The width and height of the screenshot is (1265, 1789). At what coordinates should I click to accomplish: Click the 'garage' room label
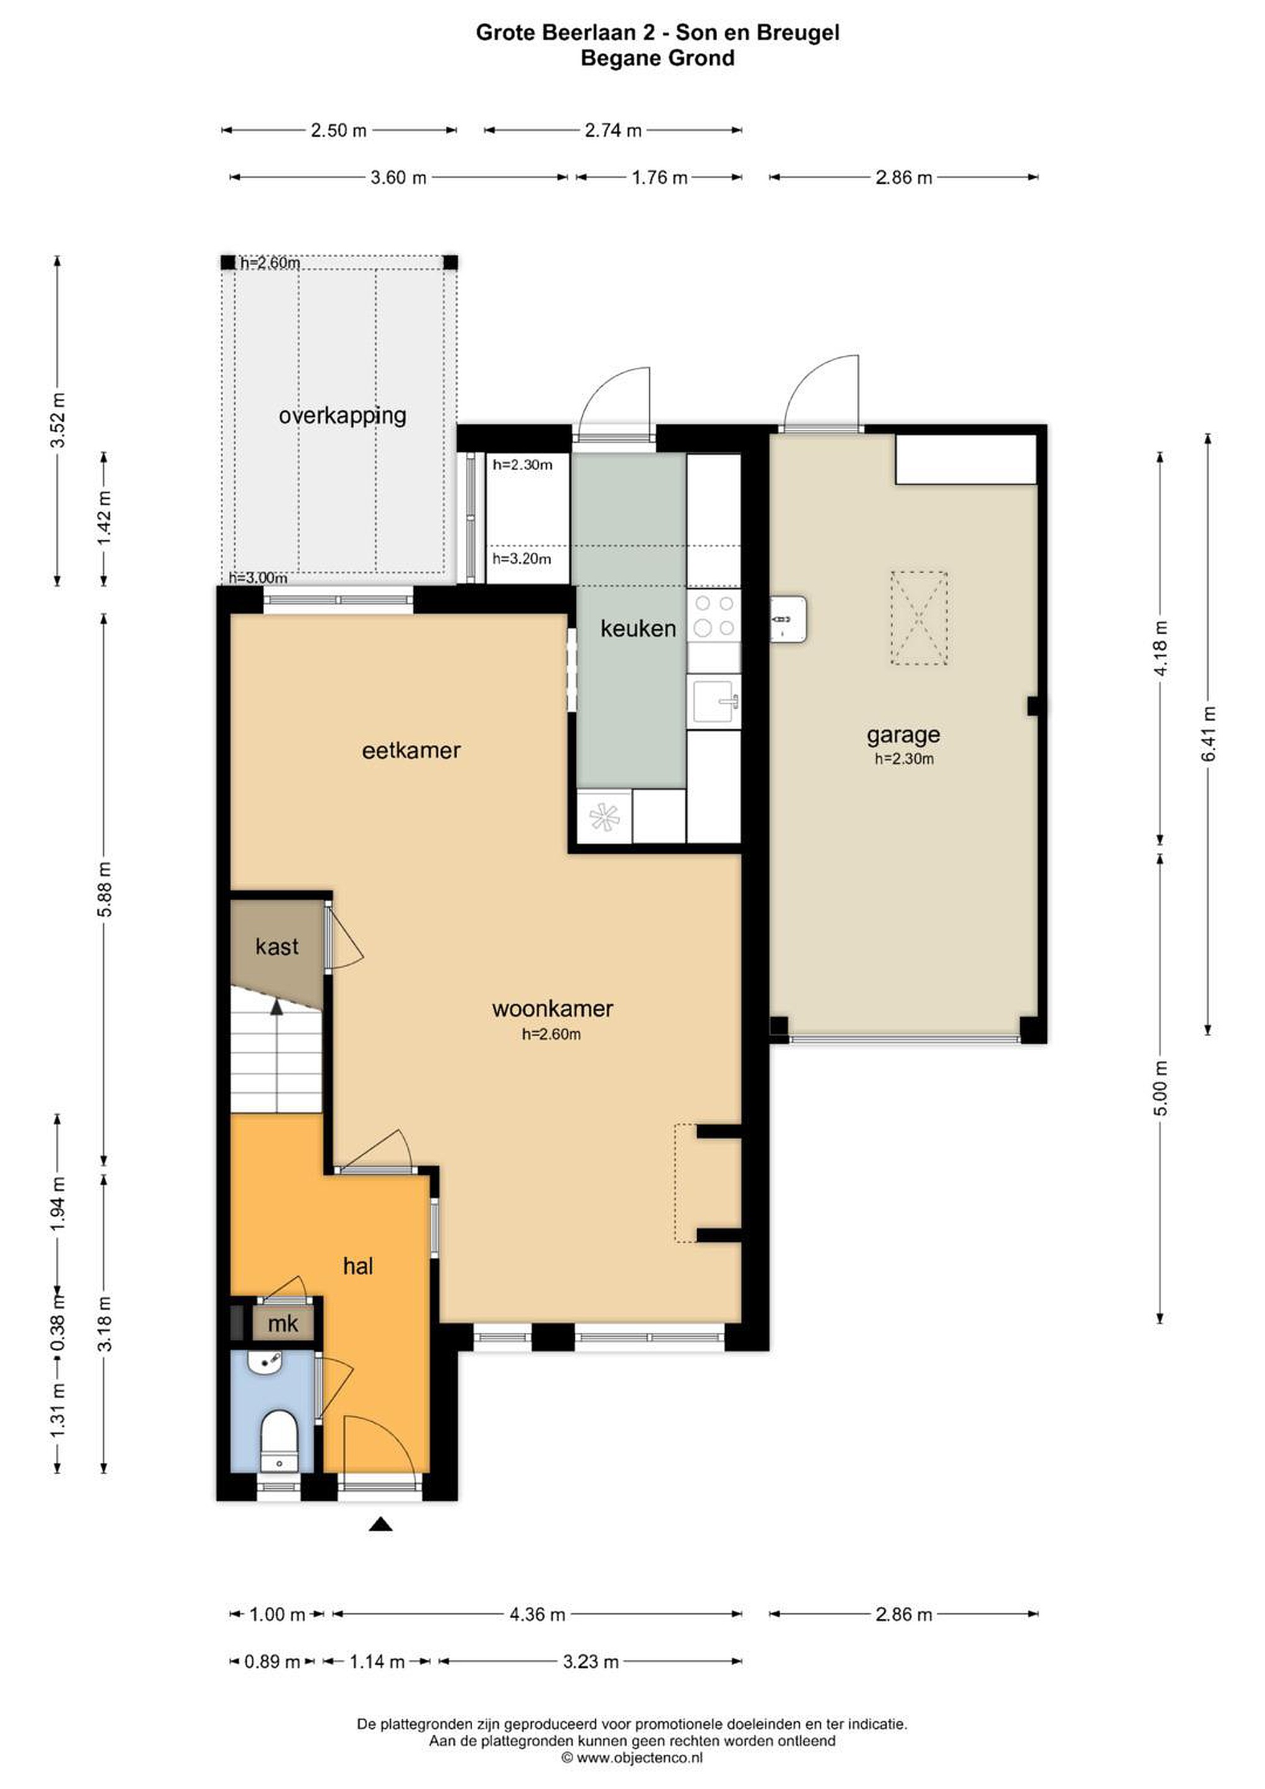[903, 735]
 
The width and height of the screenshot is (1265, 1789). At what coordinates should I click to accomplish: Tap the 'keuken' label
[637, 628]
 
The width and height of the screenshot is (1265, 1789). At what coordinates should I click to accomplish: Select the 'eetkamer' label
[411, 750]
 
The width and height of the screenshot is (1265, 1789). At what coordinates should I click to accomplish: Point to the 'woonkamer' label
[552, 1008]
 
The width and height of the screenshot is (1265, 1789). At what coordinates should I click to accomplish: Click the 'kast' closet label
[276, 947]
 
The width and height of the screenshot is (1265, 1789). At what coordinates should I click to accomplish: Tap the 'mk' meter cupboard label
[282, 1323]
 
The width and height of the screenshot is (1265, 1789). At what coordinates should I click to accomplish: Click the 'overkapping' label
[342, 416]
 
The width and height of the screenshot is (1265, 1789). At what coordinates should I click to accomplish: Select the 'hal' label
[358, 1266]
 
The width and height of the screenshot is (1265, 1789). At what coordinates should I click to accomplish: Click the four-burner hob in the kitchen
[714, 616]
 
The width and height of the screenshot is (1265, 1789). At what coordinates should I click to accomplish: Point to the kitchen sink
[714, 701]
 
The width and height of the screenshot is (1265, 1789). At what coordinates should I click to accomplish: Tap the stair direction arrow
[276, 1007]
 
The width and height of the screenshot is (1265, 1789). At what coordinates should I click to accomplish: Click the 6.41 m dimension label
[1208, 734]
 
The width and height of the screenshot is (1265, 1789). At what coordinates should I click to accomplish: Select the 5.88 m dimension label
[104, 889]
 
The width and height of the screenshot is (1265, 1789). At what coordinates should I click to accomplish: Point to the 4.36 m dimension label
[537, 1614]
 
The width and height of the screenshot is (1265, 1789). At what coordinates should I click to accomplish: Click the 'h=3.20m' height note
[521, 558]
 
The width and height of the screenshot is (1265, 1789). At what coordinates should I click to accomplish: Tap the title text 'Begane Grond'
[658, 58]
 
